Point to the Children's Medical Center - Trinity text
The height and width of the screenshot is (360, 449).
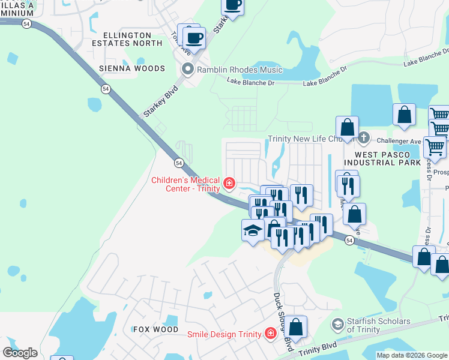185,184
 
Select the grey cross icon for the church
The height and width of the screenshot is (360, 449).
363,139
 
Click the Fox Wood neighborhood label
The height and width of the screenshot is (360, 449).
155,329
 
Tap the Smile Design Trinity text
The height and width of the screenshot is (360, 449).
224,334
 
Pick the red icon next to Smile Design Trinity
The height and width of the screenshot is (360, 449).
271,334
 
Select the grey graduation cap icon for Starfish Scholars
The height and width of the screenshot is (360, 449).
338,325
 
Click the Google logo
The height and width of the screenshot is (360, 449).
20,353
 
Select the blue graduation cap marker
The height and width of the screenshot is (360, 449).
253,230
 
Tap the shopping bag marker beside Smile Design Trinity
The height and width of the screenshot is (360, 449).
295,328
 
